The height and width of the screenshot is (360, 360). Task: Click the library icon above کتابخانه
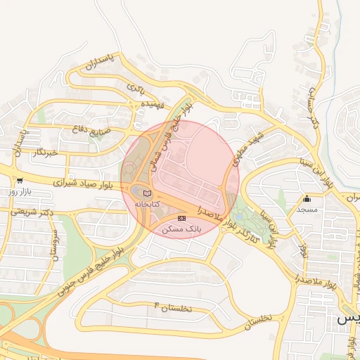(147, 193)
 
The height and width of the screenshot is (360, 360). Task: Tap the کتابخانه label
(148, 203)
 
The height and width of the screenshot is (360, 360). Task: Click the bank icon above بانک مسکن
(182, 219)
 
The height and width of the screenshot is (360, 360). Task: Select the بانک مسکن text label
(181, 229)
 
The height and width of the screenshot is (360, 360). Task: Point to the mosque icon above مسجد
(307, 199)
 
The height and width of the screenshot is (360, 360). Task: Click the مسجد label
(307, 209)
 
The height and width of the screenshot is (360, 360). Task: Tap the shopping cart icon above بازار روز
(19, 181)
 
